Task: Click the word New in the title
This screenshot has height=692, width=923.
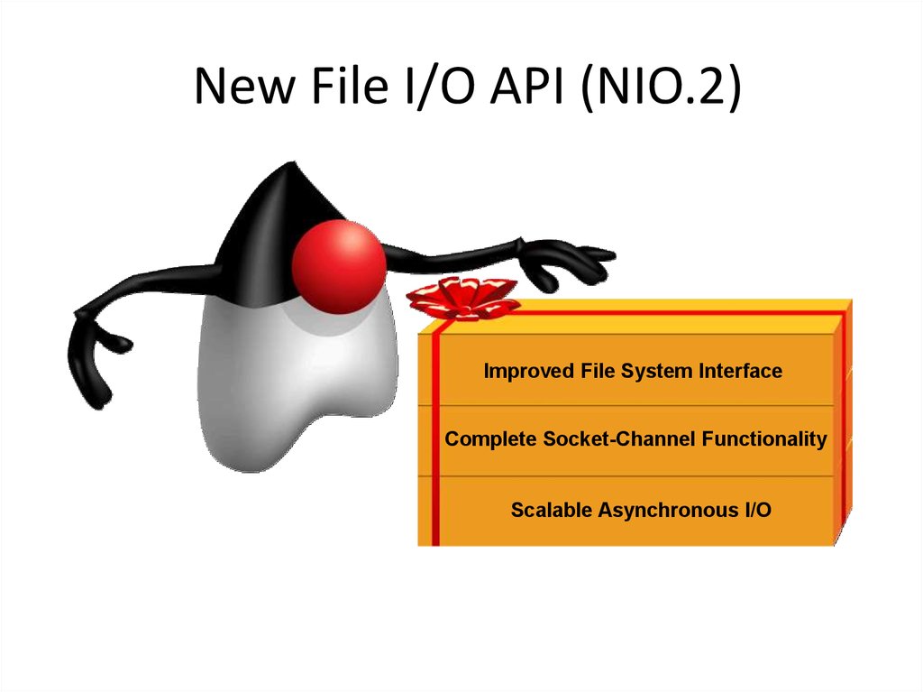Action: pyautogui.click(x=244, y=86)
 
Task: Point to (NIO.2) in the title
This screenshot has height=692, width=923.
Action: pyautogui.click(x=660, y=88)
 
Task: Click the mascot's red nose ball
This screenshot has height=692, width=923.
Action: pyautogui.click(x=339, y=267)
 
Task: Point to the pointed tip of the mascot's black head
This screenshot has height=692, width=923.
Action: pyautogui.click(x=293, y=162)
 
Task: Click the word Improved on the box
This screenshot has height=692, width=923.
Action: pyautogui.click(x=528, y=372)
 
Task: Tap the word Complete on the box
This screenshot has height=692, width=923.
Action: pyautogui.click(x=490, y=439)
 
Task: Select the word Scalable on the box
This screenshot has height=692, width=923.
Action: pyautogui.click(x=552, y=509)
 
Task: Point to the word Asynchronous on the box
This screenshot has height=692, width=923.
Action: pyautogui.click(x=668, y=510)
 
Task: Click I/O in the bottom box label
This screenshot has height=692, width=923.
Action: pyautogui.click(x=757, y=509)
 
